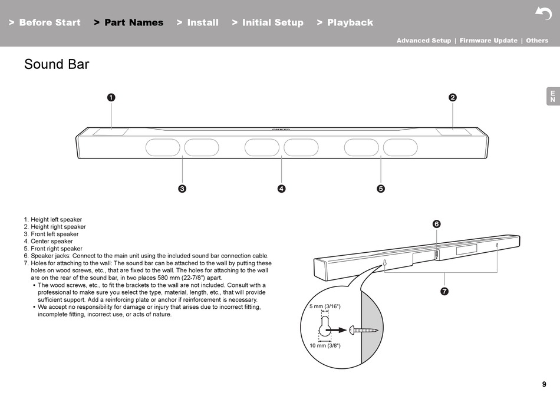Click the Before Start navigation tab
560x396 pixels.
[45, 22]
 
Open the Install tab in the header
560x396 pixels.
[197, 22]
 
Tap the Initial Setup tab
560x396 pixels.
[268, 22]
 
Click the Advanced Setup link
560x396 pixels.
[423, 41]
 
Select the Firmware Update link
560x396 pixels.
[488, 41]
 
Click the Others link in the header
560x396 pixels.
[537, 41]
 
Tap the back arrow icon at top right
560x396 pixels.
[543, 13]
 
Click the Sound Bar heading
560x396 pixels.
[57, 64]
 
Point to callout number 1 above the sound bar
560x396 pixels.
[110, 97]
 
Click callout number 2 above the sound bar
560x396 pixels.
[453, 97]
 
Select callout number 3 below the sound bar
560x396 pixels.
[182, 189]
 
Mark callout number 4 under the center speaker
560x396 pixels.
[282, 189]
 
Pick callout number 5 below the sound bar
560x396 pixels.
[381, 189]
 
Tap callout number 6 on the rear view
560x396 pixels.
[436, 224]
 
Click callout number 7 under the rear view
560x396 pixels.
[444, 291]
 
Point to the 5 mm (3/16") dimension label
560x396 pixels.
[325, 307]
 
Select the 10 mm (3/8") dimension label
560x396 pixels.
[325, 346]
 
